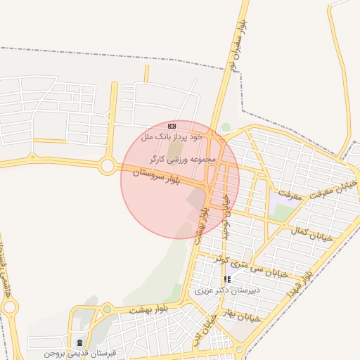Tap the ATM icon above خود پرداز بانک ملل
172,125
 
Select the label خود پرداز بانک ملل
173,135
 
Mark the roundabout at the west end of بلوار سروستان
108,167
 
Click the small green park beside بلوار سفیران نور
226,128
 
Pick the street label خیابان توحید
225,218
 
